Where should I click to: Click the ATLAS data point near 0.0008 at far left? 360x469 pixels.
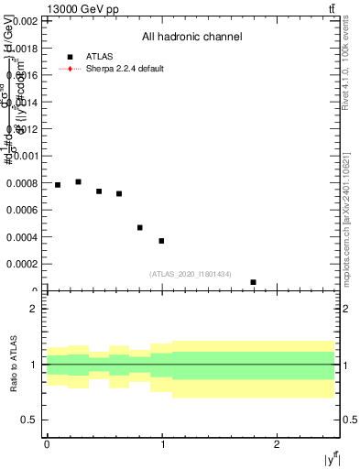[58, 185]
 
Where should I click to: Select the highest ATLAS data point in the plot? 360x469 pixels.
[78, 182]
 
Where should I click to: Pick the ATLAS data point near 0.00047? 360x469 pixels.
[140, 227]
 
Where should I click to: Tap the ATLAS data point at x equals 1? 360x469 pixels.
[161, 241]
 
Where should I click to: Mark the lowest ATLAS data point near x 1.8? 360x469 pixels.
[253, 282]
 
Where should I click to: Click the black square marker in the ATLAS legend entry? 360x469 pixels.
[70, 56]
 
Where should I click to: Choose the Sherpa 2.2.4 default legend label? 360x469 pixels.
[125, 69]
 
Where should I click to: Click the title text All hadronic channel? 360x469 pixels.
[191, 38]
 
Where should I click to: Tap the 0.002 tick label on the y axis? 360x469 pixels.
[24, 20]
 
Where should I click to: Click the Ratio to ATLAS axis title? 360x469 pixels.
[15, 364]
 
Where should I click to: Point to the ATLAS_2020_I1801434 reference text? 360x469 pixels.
[191, 274]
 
